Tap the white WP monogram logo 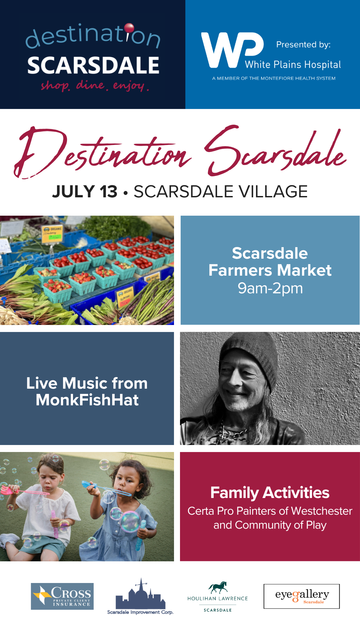232,50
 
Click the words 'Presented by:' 303,45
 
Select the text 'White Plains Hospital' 293,65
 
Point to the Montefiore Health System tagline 274,78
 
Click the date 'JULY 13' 85,192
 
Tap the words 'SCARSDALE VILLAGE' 221,192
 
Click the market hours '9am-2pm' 270,288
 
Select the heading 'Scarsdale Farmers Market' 270,262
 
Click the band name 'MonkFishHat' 87,400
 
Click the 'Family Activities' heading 270,493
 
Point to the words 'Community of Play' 281,525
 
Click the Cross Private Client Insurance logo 62,596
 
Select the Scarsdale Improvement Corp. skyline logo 140,596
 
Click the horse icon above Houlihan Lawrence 218,587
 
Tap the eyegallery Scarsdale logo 302,596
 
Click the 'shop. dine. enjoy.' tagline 95,86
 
